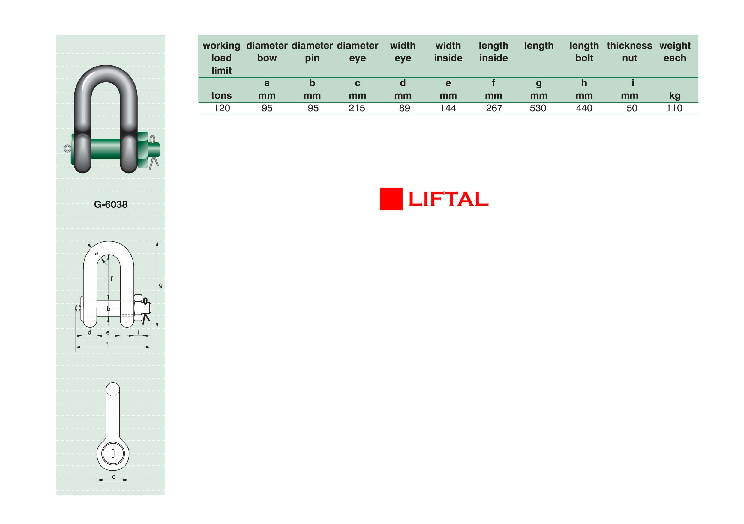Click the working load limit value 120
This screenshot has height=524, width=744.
coord(222,108)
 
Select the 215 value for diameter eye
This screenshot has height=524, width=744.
coord(357,108)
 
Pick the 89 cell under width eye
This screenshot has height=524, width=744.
coord(404,108)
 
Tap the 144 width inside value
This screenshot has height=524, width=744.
coord(448,108)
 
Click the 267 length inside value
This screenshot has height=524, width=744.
coord(494,108)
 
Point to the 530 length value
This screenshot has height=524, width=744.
coord(538,108)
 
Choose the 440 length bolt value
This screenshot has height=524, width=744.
coord(584,108)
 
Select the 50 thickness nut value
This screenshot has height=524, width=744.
coord(632,108)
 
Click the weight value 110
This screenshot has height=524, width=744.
coord(674,108)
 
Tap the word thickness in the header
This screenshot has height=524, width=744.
coord(630,46)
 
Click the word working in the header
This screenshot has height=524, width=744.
coord(222,46)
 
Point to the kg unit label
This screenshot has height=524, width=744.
coord(675,96)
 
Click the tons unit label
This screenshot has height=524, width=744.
coord(222,96)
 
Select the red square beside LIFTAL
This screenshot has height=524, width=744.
coord(391,199)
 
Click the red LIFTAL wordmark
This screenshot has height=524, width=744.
coord(448,199)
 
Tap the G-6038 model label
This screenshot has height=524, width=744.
coord(111,204)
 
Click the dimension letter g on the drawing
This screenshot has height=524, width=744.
coord(161,285)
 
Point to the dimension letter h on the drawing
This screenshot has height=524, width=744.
coord(107,344)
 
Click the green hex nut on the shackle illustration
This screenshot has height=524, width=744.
coord(142,150)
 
